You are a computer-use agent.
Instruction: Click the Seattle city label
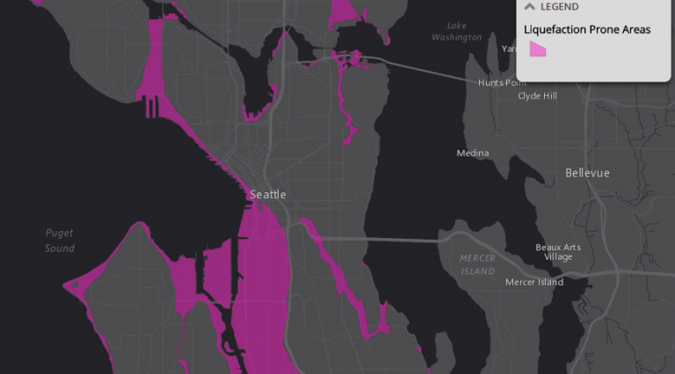pos(268,194)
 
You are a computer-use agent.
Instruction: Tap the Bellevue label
pos(587,173)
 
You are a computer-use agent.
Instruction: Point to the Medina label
pos(472,154)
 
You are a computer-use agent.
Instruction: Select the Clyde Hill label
pos(537,96)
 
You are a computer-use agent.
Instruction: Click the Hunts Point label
pos(503,83)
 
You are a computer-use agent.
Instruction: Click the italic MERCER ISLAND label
pos(477,264)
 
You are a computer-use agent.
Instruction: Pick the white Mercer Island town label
pos(534,282)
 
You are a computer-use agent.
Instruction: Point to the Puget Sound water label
pos(60,241)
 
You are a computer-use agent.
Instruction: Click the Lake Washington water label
pos(456,32)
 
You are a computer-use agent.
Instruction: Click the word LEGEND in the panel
pos(560,7)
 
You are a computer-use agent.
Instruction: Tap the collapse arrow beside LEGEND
pos(530,7)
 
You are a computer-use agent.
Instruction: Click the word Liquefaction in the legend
pos(555,30)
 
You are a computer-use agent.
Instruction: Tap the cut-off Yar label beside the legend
pos(508,49)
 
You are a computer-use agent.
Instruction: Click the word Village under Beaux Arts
pos(557,257)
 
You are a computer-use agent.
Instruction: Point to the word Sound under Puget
pos(60,248)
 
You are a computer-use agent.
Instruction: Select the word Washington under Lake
pos(457,38)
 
